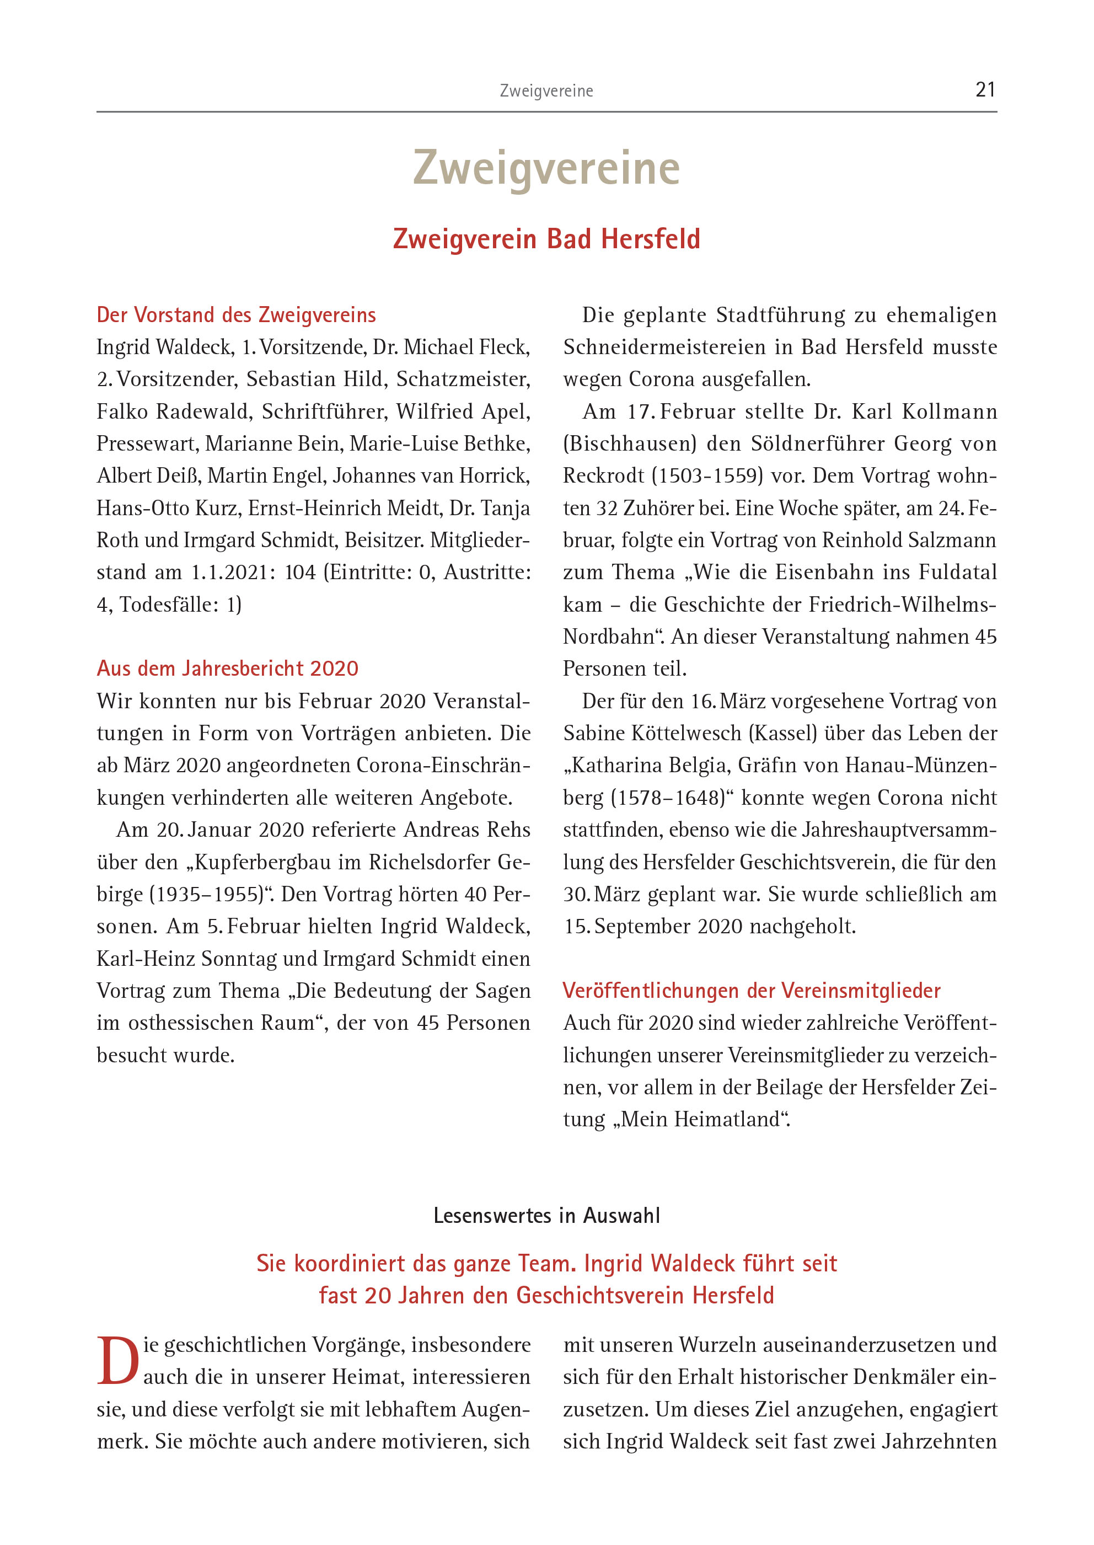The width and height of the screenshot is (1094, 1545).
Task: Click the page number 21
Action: (x=985, y=89)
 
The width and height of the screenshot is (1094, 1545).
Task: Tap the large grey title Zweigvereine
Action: (x=546, y=168)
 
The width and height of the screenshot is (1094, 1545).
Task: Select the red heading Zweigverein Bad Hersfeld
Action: (x=546, y=239)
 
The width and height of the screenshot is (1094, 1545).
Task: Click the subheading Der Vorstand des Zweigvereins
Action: (x=236, y=314)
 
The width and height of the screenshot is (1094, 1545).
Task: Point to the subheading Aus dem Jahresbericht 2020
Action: (x=227, y=669)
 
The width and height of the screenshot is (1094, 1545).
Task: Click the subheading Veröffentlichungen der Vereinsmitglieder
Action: (x=751, y=991)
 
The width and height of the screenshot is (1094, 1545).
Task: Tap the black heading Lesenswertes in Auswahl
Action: (x=546, y=1216)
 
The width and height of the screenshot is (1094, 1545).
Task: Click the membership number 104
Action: (x=300, y=572)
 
